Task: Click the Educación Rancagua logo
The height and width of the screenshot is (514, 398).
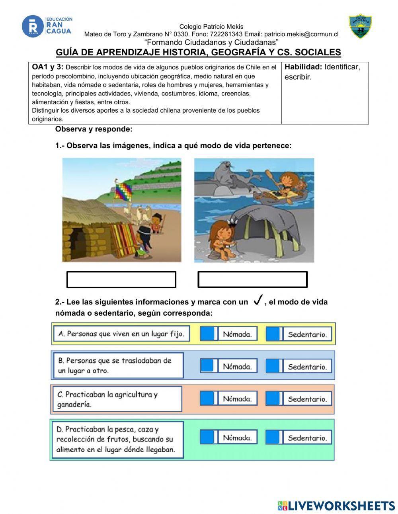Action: tap(47, 26)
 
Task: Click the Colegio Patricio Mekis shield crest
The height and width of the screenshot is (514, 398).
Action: tap(360, 27)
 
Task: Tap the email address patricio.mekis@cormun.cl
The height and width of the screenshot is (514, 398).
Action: tap(301, 34)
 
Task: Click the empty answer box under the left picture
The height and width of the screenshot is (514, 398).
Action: tap(121, 279)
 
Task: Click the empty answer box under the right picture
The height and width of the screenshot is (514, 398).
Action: tap(252, 279)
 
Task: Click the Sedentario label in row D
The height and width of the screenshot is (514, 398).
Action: tap(307, 438)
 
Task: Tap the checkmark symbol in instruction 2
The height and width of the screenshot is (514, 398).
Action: tap(258, 300)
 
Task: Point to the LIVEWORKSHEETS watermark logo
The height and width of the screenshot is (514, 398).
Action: tap(336, 506)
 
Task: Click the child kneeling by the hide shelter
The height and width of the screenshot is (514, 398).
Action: tap(221, 237)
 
